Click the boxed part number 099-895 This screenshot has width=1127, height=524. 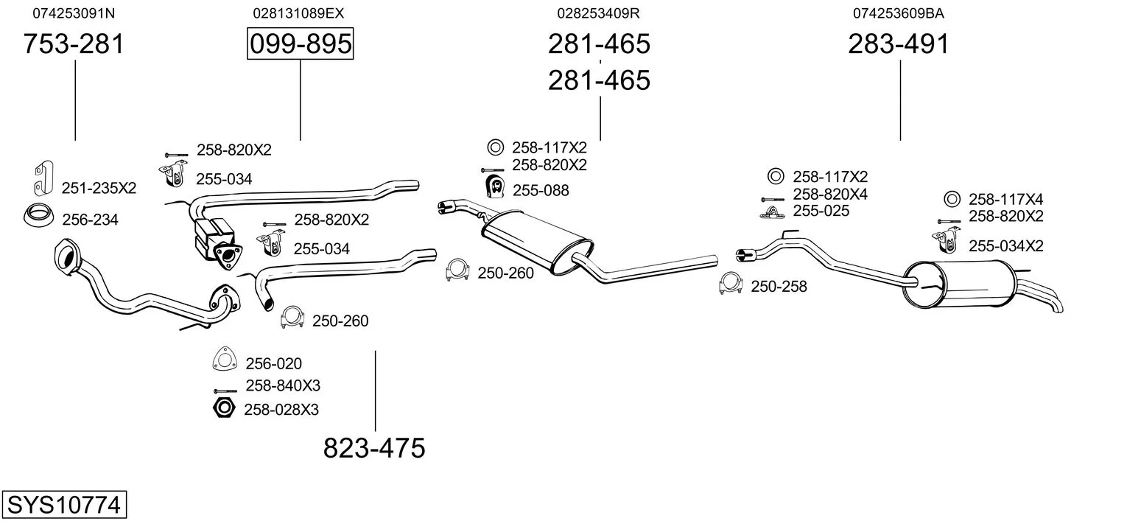[x=300, y=44]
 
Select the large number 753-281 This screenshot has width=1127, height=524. [x=74, y=44]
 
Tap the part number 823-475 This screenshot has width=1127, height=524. [x=374, y=447]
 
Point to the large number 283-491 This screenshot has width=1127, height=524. [x=899, y=44]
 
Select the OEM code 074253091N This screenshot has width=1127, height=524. [x=74, y=13]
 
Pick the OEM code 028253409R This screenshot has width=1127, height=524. [x=598, y=13]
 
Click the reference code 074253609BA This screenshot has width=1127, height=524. [x=899, y=13]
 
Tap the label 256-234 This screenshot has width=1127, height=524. [x=90, y=220]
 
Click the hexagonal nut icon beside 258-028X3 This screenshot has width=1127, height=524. [x=223, y=408]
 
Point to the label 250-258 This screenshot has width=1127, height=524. [x=779, y=287]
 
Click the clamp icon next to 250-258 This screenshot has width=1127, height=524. [x=730, y=284]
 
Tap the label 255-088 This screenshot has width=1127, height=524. [x=541, y=191]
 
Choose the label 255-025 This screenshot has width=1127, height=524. [x=821, y=211]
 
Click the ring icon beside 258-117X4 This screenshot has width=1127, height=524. [x=951, y=199]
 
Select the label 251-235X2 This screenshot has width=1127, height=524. [x=99, y=188]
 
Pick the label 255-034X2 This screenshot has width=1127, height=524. [x=1005, y=246]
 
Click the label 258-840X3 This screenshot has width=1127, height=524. [x=283, y=385]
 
